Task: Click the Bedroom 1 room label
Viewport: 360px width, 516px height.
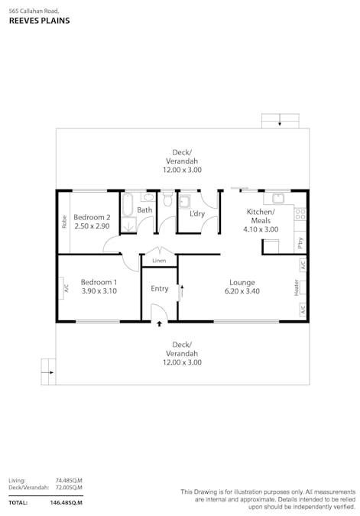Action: point(99,282)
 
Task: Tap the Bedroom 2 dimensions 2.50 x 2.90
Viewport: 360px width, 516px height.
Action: point(92,226)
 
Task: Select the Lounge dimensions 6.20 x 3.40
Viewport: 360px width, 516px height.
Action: point(242,291)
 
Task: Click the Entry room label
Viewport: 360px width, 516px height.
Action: point(160,289)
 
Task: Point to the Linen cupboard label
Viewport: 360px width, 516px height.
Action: point(159,261)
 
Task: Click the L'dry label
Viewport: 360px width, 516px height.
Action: point(197,213)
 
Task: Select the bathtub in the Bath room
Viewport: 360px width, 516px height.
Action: point(128,204)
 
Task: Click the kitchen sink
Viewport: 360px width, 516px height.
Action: point(278,199)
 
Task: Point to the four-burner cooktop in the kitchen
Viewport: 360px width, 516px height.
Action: point(300,214)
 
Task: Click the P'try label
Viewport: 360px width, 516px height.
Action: point(300,243)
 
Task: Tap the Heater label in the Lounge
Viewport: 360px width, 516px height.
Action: point(297,287)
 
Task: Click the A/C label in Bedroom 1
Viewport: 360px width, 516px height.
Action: point(66,289)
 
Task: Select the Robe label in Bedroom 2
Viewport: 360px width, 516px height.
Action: point(64,222)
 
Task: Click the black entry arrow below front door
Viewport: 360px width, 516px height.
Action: point(159,324)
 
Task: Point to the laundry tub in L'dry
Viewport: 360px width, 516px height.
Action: point(185,202)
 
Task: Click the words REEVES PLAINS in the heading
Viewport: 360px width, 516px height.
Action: point(40,21)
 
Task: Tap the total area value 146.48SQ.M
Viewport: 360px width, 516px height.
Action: point(66,502)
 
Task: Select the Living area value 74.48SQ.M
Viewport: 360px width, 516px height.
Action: point(69,481)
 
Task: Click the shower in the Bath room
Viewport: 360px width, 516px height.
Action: point(129,226)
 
